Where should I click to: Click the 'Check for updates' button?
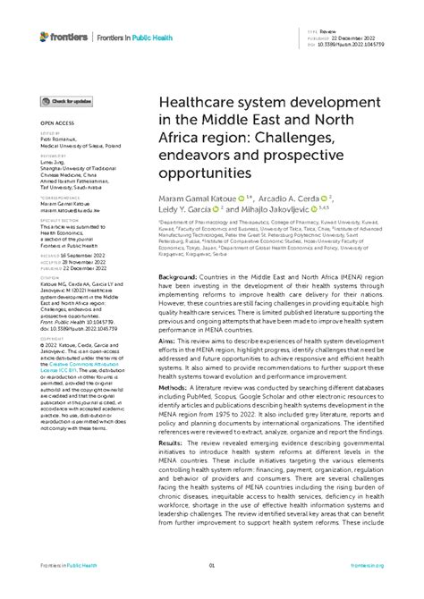click(x=68, y=103)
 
